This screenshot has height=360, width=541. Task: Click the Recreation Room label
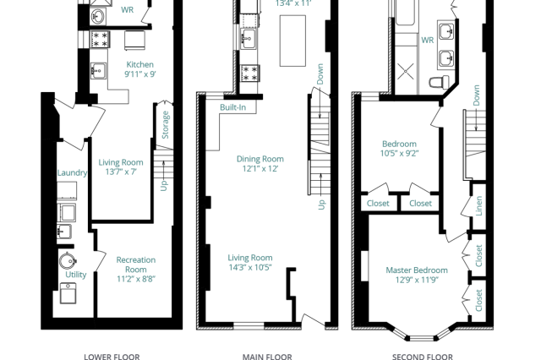tap(136, 265)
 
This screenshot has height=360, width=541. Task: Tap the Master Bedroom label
tap(417, 270)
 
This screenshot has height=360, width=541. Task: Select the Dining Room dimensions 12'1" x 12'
tap(260, 169)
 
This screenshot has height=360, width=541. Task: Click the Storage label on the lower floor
tap(166, 125)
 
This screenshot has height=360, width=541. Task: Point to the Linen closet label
tap(479, 206)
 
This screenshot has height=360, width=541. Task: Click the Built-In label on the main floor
tap(233, 107)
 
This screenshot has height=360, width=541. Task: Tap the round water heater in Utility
tap(68, 261)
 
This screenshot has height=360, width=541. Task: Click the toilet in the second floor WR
tap(439, 82)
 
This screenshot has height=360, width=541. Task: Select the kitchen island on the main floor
tap(292, 41)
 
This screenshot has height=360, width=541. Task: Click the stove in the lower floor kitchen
tap(100, 39)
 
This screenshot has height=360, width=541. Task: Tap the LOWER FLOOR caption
tap(112, 357)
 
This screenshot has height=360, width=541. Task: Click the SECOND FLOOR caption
tap(423, 357)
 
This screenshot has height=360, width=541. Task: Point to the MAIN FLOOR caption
tap(267, 357)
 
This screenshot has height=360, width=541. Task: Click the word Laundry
tap(72, 172)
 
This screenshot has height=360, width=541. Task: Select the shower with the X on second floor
tap(406, 72)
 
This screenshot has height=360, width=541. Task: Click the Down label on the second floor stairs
tap(477, 95)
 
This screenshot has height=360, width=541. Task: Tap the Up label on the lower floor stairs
tap(164, 186)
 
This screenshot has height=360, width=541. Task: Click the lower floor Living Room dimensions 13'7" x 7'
tap(121, 172)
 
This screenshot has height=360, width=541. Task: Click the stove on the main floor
tap(250, 74)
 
